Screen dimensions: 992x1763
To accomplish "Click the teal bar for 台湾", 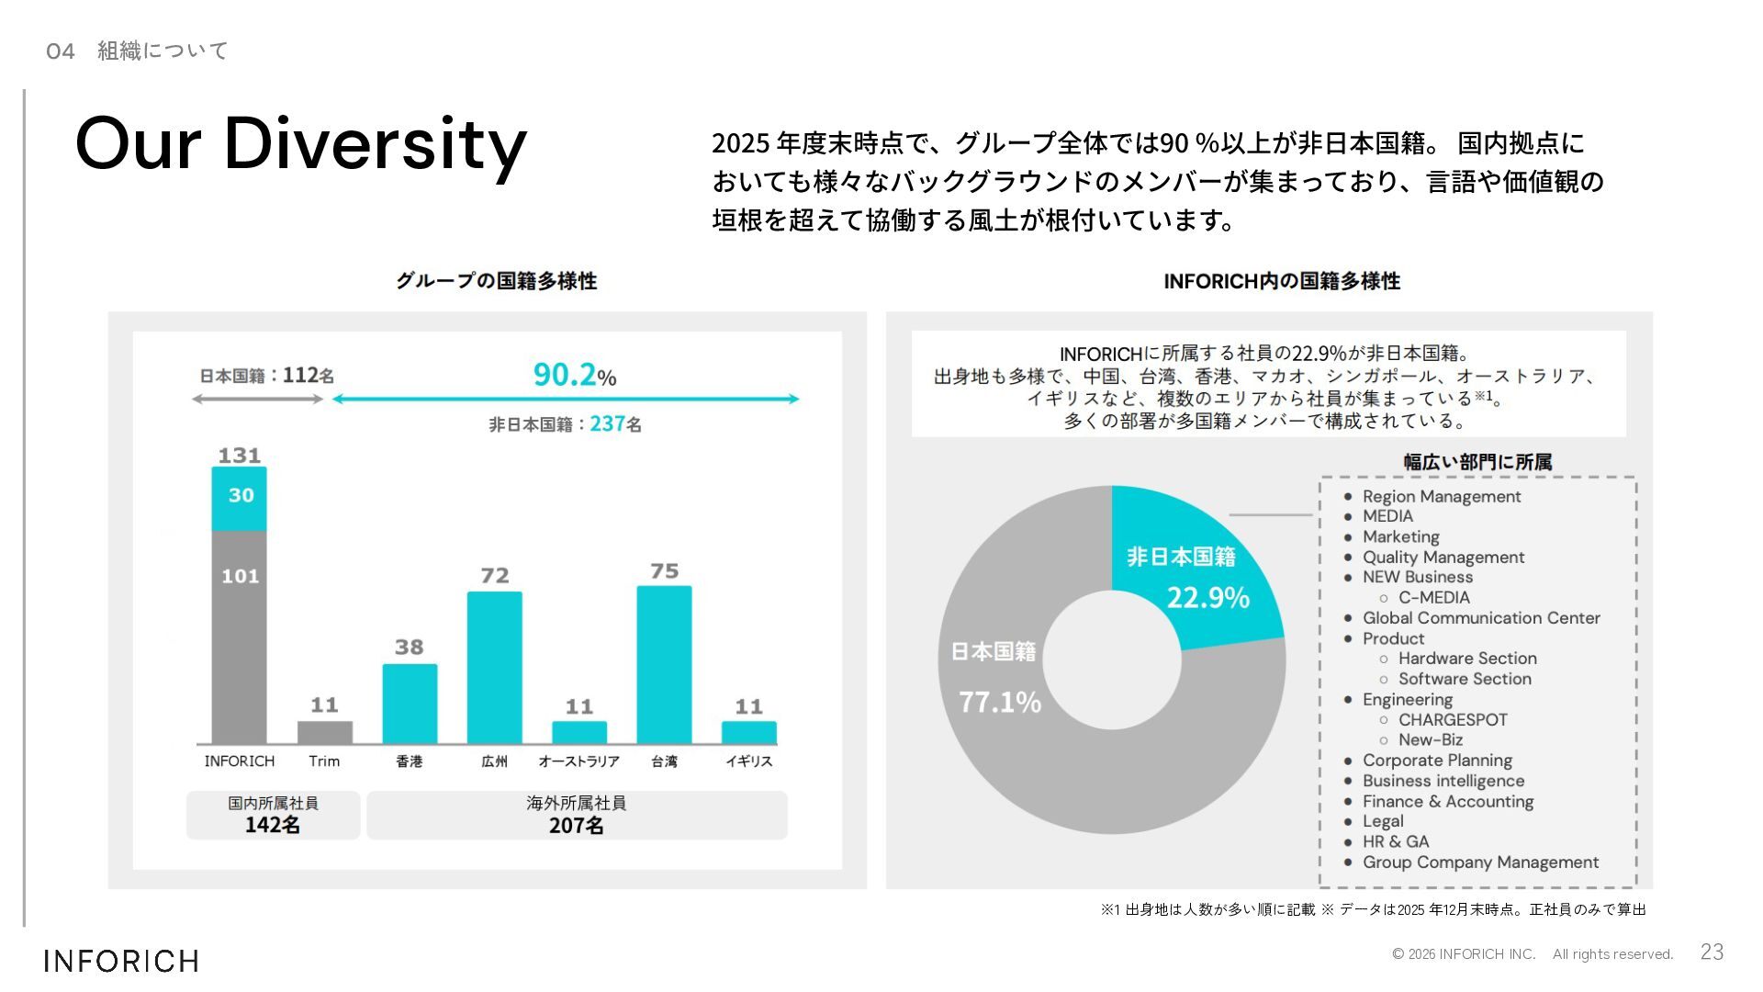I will click(x=664, y=664).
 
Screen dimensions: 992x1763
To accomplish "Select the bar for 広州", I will click(x=494, y=667).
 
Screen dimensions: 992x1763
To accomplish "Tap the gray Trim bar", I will click(x=324, y=732).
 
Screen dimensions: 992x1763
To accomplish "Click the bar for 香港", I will click(x=410, y=704).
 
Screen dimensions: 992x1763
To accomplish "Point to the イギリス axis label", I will click(x=748, y=761).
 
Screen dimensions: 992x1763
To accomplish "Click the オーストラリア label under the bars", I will click(x=578, y=761).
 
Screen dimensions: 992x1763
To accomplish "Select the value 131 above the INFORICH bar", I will click(x=240, y=456).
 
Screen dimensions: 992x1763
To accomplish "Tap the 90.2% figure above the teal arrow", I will click(x=574, y=375).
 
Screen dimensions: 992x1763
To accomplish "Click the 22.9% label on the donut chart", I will click(x=1207, y=598).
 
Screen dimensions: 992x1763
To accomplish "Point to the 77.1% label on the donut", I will click(x=1000, y=703).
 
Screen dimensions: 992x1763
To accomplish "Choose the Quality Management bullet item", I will click(x=1443, y=558).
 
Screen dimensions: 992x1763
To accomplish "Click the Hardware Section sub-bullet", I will click(x=1466, y=659).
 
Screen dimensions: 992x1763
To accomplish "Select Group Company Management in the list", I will click(x=1480, y=862).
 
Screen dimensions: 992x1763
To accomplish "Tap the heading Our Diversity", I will click(x=301, y=144).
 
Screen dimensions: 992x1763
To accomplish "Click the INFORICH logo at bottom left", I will click(x=121, y=961).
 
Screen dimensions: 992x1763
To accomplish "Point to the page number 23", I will click(x=1712, y=953).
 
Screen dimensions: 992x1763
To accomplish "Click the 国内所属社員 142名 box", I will click(x=273, y=816).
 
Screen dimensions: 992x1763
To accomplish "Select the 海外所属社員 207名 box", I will click(x=577, y=816).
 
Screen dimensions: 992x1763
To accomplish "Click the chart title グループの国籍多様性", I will click(x=496, y=281).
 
